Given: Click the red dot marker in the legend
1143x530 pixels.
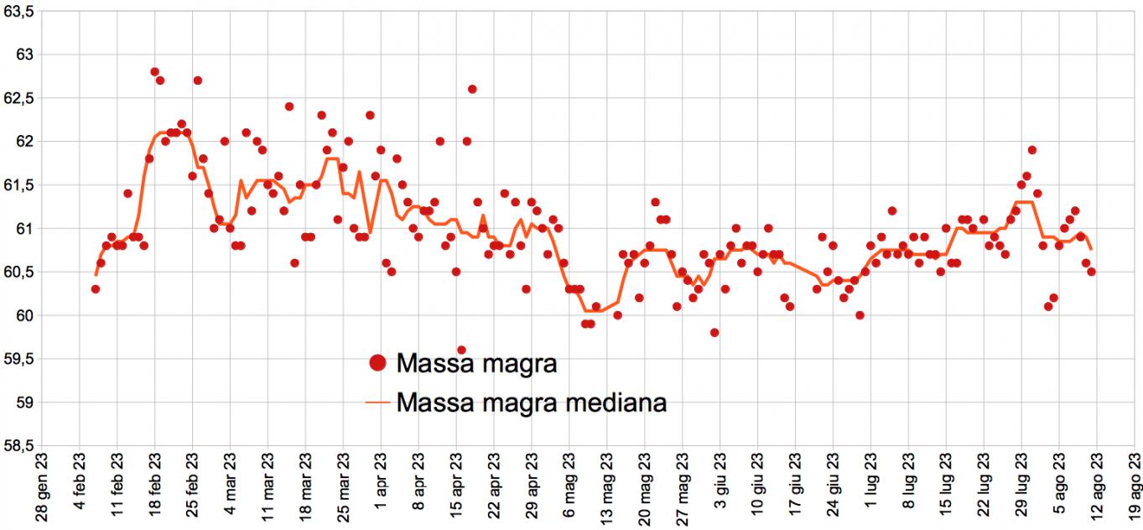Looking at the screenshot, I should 377,363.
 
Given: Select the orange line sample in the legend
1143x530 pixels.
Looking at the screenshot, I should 378,403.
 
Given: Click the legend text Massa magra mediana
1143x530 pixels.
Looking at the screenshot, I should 532,403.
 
